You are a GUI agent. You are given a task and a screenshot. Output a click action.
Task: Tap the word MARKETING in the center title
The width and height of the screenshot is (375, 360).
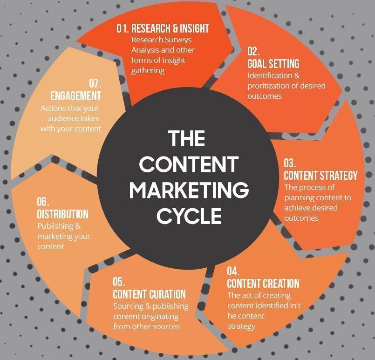(x=189, y=190)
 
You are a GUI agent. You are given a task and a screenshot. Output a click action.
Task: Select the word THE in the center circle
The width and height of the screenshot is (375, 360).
(x=186, y=139)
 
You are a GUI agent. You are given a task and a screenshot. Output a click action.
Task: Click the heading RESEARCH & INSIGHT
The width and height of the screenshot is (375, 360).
(x=170, y=28)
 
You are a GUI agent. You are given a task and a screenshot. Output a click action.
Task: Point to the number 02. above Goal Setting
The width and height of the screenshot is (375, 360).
(x=253, y=51)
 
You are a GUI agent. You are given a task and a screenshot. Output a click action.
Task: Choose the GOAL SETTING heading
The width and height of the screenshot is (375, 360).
(x=273, y=64)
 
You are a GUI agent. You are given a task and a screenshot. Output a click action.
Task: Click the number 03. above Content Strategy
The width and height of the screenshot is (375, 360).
(x=290, y=163)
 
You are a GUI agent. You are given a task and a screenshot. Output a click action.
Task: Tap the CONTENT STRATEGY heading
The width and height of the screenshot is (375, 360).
(x=320, y=176)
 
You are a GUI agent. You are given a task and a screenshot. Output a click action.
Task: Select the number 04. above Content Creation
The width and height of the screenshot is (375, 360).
(x=233, y=272)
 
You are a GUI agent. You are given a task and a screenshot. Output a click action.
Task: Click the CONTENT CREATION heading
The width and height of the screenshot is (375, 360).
(x=263, y=284)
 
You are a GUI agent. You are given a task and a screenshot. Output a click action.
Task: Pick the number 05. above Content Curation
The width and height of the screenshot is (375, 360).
(x=119, y=282)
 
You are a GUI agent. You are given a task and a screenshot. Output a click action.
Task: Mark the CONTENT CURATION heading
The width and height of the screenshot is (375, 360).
(x=149, y=294)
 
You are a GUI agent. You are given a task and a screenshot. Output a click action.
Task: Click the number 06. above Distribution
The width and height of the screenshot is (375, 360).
(x=43, y=202)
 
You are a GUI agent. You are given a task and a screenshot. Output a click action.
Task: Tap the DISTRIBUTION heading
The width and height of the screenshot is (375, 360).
(x=62, y=214)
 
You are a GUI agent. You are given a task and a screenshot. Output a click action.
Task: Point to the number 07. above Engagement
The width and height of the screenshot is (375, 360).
(x=95, y=84)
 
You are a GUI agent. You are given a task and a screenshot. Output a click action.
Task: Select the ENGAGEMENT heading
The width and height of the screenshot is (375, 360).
(x=75, y=96)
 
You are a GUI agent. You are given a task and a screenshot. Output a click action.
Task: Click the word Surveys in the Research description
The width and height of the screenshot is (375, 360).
(x=178, y=40)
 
